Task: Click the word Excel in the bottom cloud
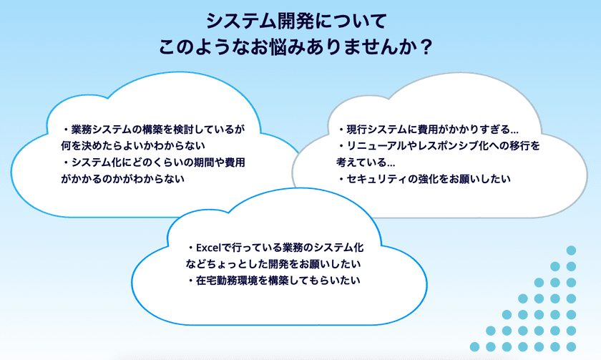(214, 248)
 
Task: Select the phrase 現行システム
(379, 130)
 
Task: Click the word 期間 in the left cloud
(194, 162)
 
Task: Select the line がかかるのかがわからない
(123, 179)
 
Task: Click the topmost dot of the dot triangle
(571, 250)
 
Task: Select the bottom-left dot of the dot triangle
(491, 346)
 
